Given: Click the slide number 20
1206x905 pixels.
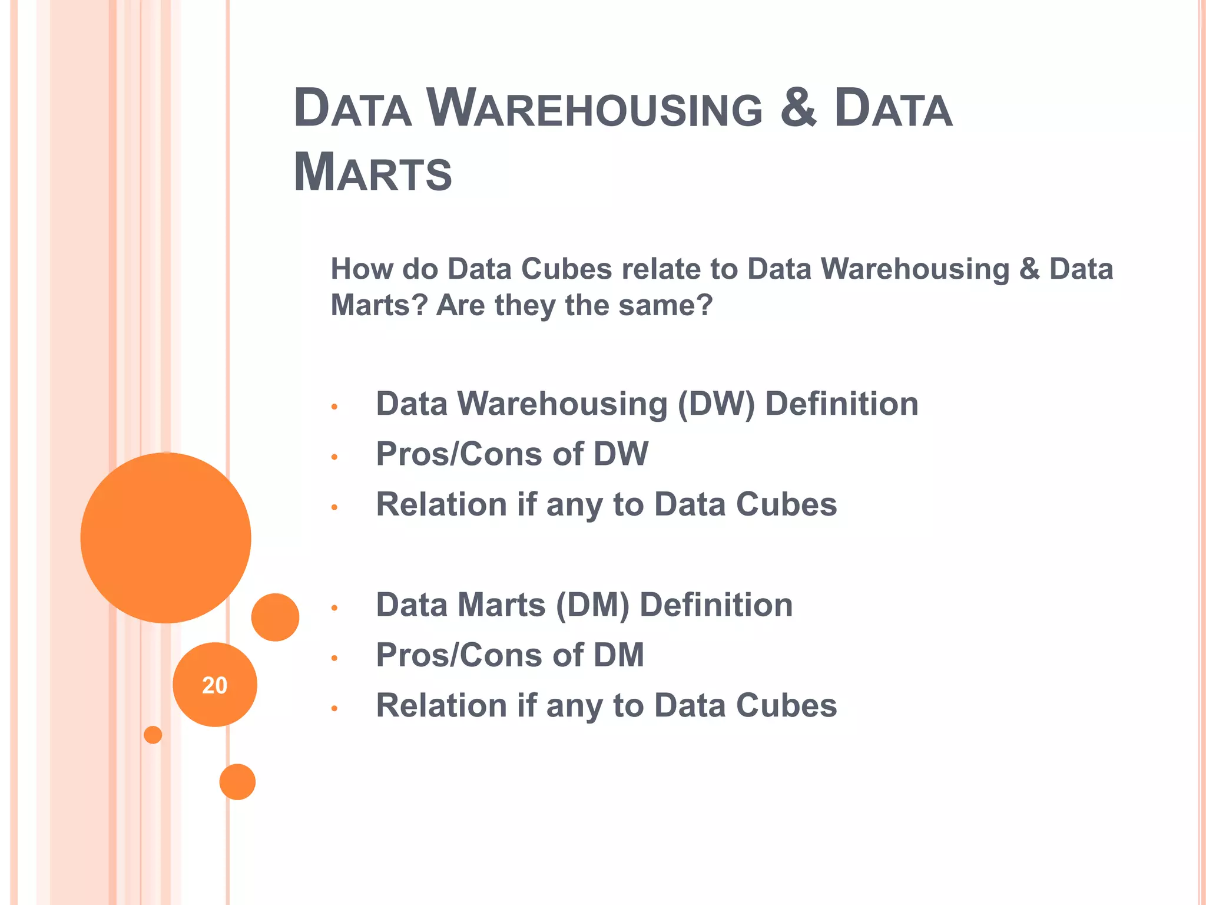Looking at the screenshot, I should pyautogui.click(x=214, y=685).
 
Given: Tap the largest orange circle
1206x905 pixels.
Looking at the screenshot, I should pyautogui.click(x=165, y=537).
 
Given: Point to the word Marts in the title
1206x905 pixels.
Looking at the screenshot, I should pyautogui.click(x=372, y=173).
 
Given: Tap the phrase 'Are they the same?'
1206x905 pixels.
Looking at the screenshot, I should pyautogui.click(x=574, y=305).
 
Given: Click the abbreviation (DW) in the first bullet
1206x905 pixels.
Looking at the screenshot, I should pyautogui.click(x=715, y=405).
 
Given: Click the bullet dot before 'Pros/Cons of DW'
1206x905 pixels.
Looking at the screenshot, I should pyautogui.click(x=334, y=457).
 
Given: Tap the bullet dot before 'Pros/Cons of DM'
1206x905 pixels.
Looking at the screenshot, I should pyautogui.click(x=334, y=658).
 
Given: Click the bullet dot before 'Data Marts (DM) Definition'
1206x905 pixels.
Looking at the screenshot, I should pyautogui.click(x=334, y=607).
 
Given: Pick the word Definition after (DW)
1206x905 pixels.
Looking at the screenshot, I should pyautogui.click(x=841, y=404).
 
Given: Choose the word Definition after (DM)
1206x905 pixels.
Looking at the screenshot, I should pyautogui.click(x=716, y=605).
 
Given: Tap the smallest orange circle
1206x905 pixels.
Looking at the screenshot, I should pyautogui.click(x=153, y=735).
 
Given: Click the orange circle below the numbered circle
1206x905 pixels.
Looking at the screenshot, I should pyautogui.click(x=237, y=782).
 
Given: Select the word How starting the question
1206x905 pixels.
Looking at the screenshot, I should pyautogui.click(x=362, y=269).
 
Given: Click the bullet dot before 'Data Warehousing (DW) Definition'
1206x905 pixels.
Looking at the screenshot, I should pyautogui.click(x=334, y=407).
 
